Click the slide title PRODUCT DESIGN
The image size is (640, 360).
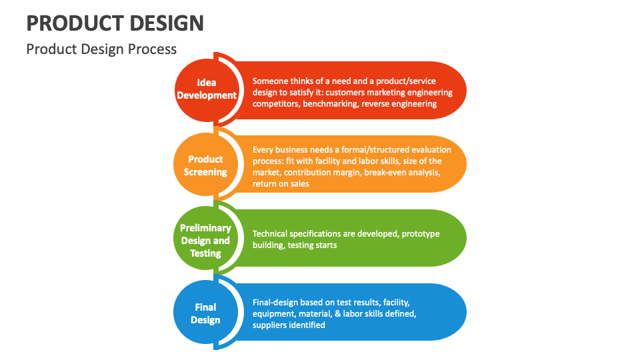pyautogui.click(x=115, y=23)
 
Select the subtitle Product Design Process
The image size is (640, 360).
pyautogui.click(x=101, y=49)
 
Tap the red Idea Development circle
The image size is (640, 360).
pyautogui.click(x=207, y=89)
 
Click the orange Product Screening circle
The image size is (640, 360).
pyautogui.click(x=205, y=165)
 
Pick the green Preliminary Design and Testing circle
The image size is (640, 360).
pyautogui.click(x=205, y=241)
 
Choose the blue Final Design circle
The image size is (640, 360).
pyautogui.click(x=205, y=313)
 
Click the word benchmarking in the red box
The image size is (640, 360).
pyautogui.click(x=330, y=104)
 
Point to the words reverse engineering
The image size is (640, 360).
pyautogui.click(x=399, y=104)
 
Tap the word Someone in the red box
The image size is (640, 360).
pyautogui.click(x=271, y=80)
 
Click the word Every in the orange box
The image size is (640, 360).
pyautogui.click(x=263, y=149)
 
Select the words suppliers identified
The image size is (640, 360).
pyautogui.click(x=289, y=325)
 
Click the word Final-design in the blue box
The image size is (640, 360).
pyautogui.click(x=276, y=302)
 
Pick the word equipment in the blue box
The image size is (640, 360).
pyautogui.click(x=274, y=313)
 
